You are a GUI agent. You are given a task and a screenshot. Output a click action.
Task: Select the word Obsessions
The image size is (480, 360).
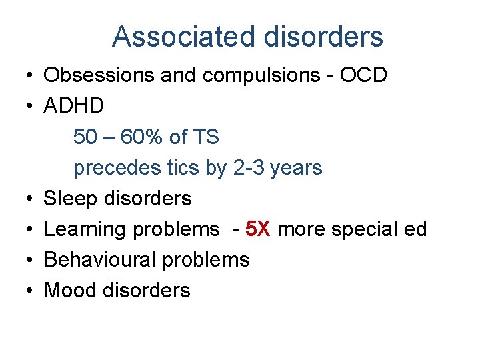tap(99, 75)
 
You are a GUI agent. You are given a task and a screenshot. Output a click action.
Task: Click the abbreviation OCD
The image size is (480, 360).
tap(363, 75)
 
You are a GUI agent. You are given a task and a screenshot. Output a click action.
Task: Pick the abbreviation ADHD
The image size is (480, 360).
tap(74, 106)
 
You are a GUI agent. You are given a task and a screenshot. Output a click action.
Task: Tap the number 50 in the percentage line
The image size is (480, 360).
tap(85, 137)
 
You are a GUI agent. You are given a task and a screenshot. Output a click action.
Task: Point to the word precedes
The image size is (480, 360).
tap(114, 167)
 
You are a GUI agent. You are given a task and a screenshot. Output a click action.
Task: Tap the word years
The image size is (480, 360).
tap(298, 167)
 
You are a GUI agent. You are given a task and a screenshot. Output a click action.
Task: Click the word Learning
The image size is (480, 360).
tap(85, 229)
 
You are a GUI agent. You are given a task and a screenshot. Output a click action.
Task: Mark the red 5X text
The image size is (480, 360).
tap(258, 229)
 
